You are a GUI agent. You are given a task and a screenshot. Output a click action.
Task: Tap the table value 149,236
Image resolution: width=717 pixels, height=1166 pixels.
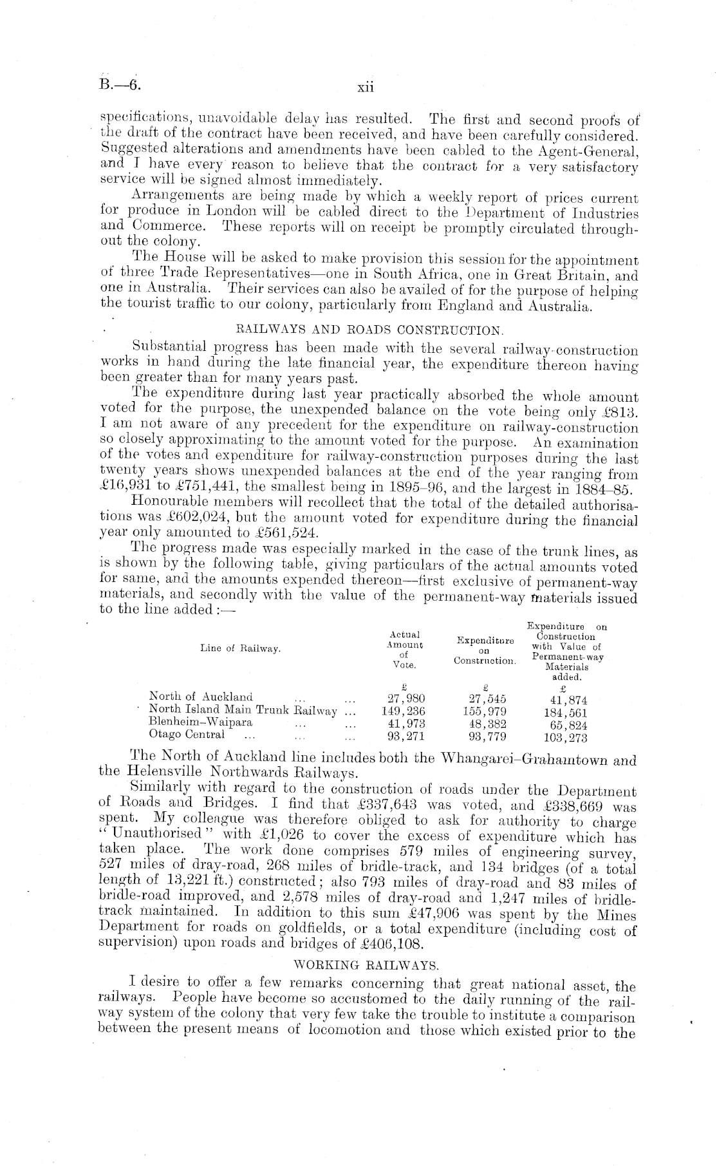click(x=404, y=711)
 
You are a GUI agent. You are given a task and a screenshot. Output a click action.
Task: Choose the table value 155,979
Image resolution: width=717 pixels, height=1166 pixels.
click(x=485, y=711)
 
